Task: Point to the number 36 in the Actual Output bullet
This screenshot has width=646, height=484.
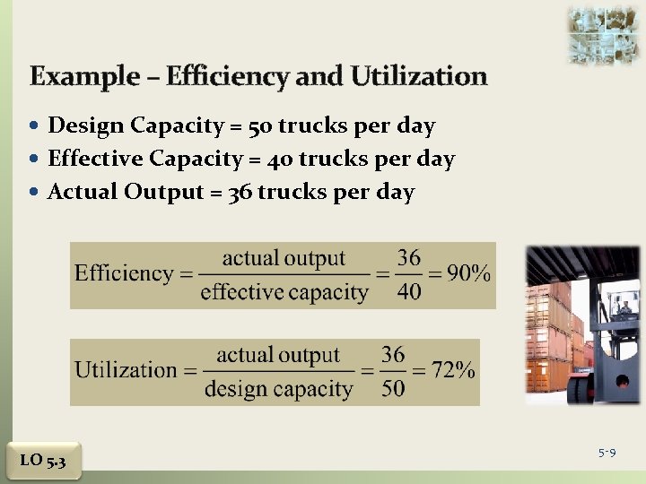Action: tap(240, 192)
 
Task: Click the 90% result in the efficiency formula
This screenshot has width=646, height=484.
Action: tap(468, 273)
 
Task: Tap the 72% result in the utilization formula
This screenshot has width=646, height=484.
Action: tap(452, 369)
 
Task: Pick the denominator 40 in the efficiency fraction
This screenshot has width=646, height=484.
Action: tap(409, 292)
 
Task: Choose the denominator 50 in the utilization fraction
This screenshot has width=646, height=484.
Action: tap(393, 388)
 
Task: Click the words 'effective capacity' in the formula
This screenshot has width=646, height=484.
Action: tap(284, 292)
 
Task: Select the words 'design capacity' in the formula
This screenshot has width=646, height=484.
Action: tap(278, 388)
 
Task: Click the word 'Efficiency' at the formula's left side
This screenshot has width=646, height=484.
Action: tap(124, 273)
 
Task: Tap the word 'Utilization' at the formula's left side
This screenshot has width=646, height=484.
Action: tap(126, 369)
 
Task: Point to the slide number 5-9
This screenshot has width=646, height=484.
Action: tap(607, 454)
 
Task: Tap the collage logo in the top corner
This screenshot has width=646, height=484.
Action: tap(602, 35)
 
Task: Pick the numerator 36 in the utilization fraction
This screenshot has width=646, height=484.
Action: tap(393, 354)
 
